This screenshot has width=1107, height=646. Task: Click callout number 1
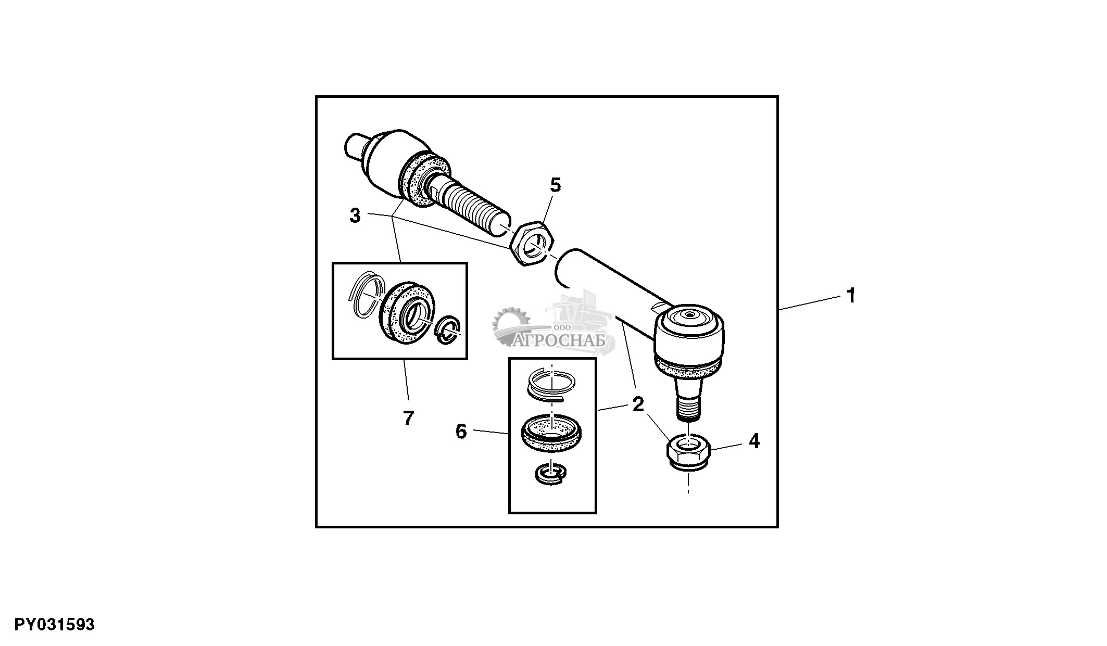851,296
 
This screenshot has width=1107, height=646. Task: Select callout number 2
638,404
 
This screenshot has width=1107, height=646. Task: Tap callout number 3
355,216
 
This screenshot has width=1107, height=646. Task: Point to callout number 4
754,441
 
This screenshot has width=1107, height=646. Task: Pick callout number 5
556,185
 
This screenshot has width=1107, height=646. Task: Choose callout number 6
461,432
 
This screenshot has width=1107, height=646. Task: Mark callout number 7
408,418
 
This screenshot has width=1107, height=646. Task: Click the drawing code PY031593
55,625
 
